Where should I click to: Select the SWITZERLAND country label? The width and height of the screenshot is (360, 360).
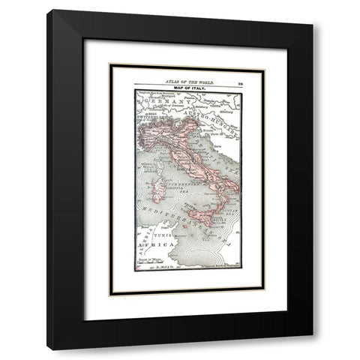click(x=149, y=119)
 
